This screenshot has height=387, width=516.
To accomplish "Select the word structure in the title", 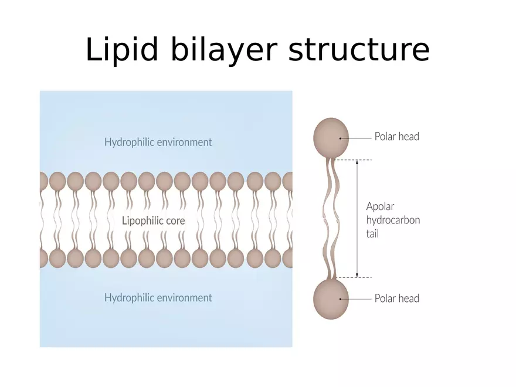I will [x=359, y=50].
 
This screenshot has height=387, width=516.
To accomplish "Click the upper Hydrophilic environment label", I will [x=158, y=142].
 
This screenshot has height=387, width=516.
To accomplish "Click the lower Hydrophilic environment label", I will [x=158, y=298].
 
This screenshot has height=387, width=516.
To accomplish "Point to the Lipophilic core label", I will [x=153, y=221].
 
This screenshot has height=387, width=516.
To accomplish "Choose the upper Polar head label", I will [x=397, y=137].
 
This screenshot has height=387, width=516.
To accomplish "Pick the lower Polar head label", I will [x=397, y=298].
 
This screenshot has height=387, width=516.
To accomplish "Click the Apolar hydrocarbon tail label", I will [x=393, y=220].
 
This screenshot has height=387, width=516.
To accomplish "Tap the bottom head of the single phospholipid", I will [x=331, y=298].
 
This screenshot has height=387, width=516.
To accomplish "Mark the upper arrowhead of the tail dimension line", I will [x=357, y=162].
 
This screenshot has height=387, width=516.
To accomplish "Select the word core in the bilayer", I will [x=175, y=221].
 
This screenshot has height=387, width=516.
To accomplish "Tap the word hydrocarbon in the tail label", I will [x=393, y=220].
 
